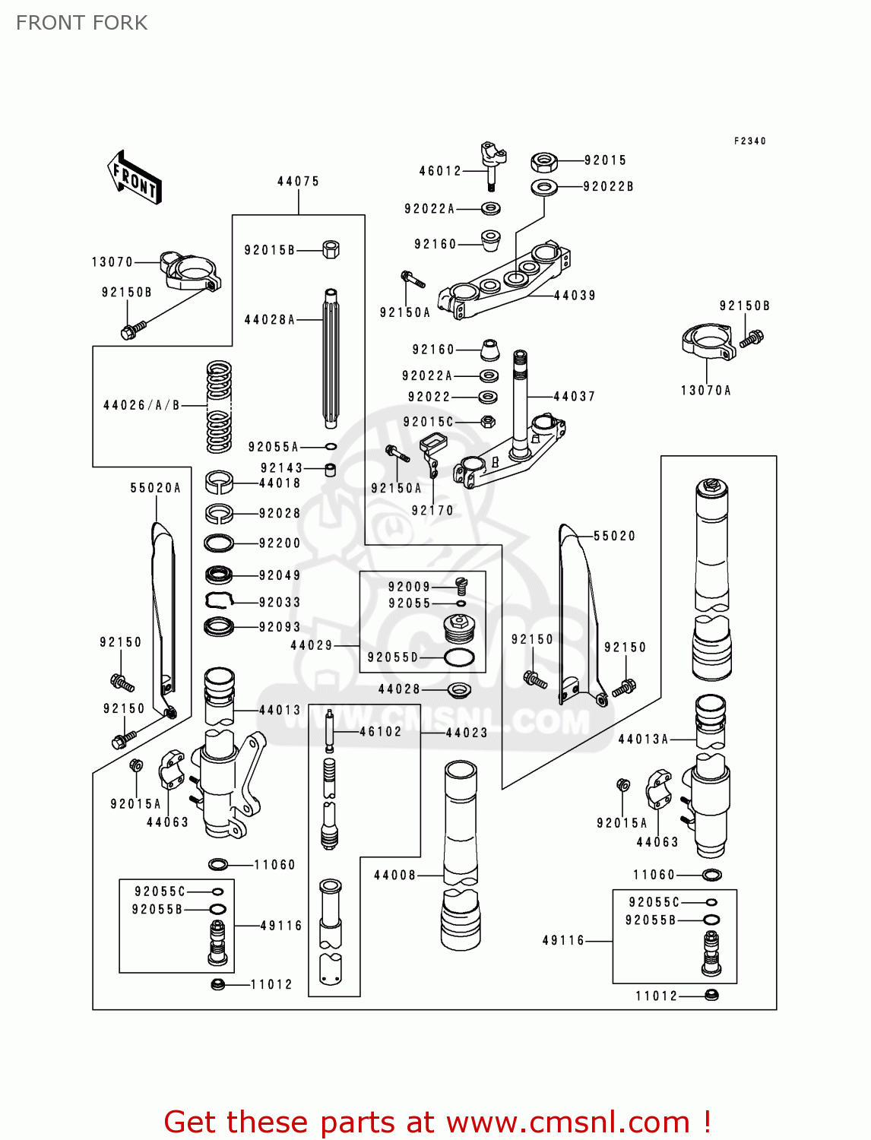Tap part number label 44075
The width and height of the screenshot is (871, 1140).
[x=298, y=182]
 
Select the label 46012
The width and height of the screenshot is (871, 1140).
[x=440, y=171]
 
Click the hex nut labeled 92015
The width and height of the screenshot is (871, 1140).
[x=543, y=161]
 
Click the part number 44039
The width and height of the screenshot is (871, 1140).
[x=575, y=296]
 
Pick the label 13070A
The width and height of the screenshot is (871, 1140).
[x=705, y=391]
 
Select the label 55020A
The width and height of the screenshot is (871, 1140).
[x=156, y=488]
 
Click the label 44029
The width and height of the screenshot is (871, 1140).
[x=312, y=645]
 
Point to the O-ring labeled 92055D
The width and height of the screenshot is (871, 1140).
[x=459, y=657]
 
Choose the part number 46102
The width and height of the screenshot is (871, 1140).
[x=380, y=731]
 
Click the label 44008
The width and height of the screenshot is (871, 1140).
[x=395, y=876]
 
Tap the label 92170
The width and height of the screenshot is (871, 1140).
[x=432, y=511]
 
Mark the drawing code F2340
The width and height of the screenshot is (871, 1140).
[x=750, y=141]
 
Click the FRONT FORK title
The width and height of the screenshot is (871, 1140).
[x=82, y=24]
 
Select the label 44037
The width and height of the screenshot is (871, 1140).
[x=575, y=396]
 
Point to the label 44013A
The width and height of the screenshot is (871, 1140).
[x=643, y=739]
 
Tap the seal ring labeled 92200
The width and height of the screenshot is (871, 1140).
[x=219, y=543]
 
